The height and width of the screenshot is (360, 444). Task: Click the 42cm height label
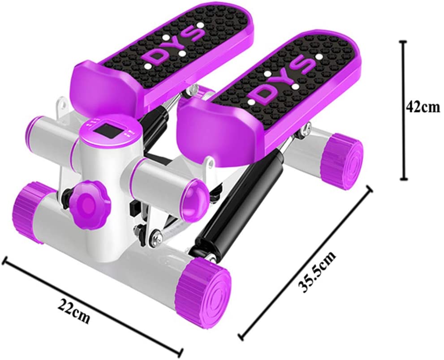pyautogui.click(x=423, y=107)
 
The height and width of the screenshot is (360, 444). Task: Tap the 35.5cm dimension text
pyautogui.click(x=317, y=271)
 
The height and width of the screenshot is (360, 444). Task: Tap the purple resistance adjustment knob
pyautogui.click(x=87, y=201)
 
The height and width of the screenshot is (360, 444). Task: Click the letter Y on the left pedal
pyautogui.click(x=176, y=46)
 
